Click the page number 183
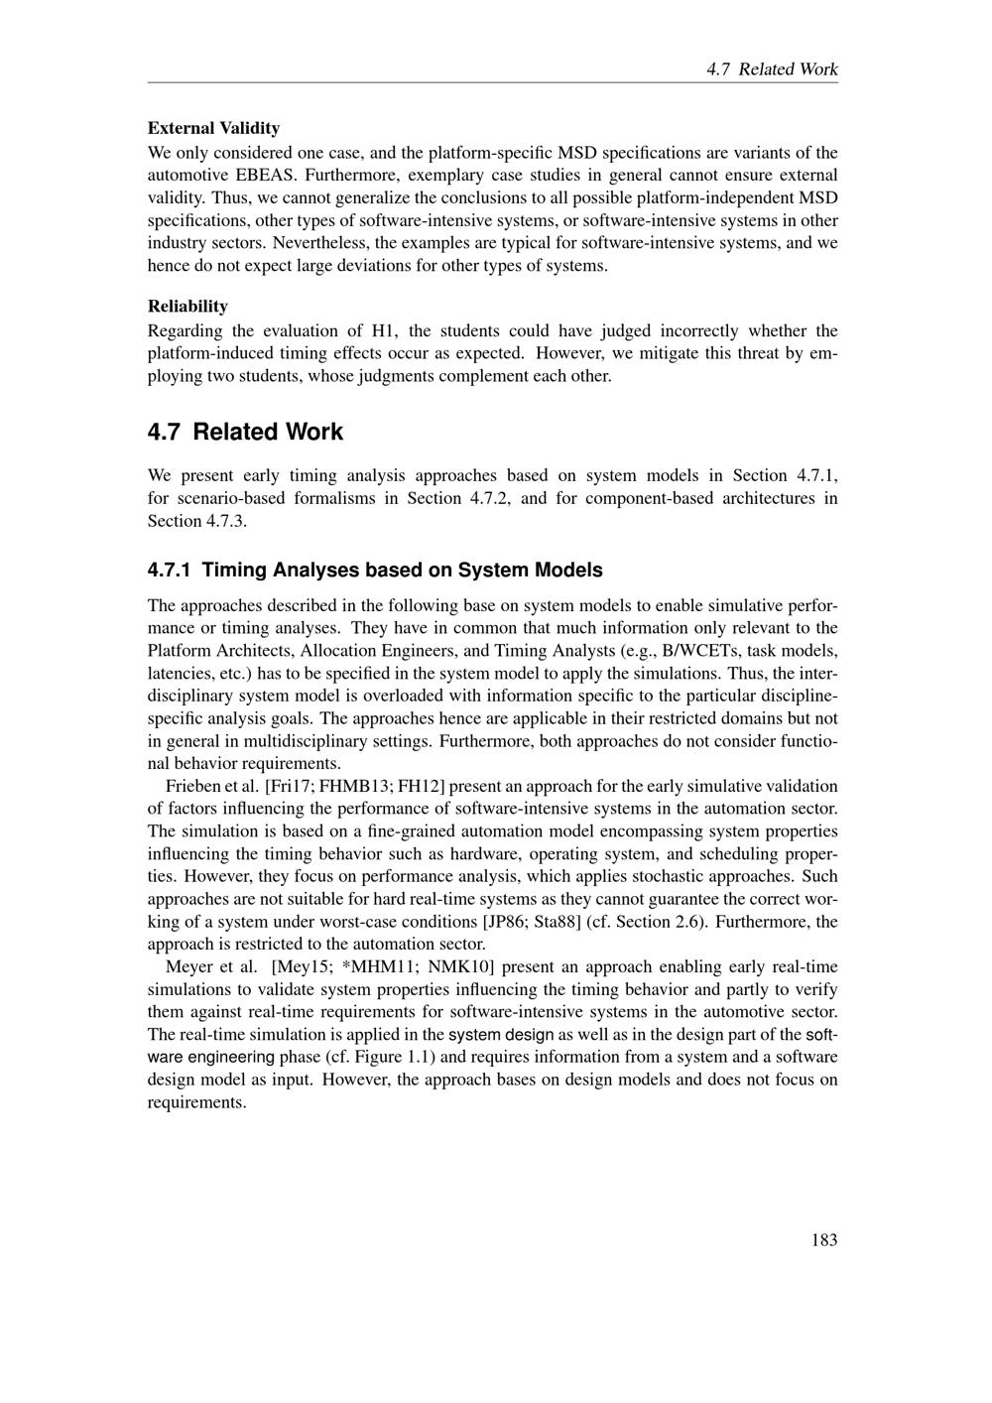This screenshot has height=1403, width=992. click(x=823, y=1239)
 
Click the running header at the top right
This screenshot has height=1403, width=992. click(x=772, y=69)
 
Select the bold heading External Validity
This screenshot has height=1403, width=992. click(x=213, y=128)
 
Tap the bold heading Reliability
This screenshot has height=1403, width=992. click(x=187, y=306)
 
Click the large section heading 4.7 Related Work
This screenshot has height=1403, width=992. click(x=245, y=432)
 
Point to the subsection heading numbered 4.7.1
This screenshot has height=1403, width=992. click(x=375, y=571)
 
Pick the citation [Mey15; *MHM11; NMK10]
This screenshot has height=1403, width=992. click(x=383, y=966)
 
